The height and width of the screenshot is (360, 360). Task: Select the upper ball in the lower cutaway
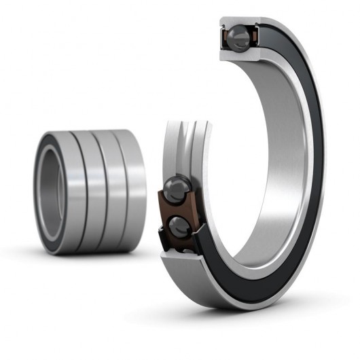[177, 187]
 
